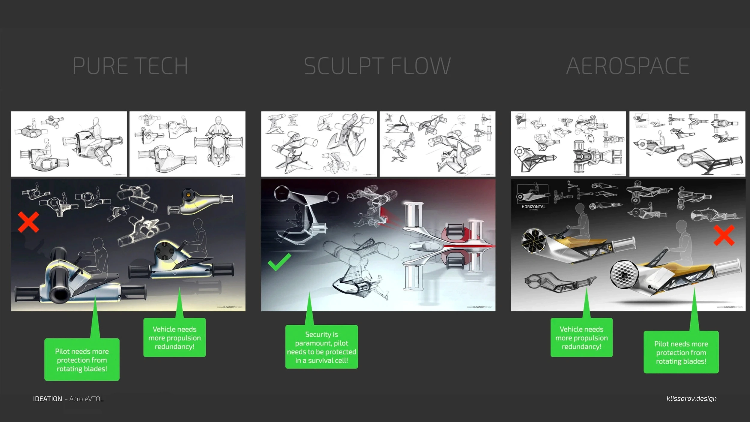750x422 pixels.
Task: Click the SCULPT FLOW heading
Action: click(x=377, y=66)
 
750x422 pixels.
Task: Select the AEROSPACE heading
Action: click(x=628, y=66)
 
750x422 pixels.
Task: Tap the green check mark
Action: click(x=279, y=262)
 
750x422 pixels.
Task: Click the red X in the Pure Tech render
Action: click(x=28, y=222)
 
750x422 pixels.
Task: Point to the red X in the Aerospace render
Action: click(x=724, y=236)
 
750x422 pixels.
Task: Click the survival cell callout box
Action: click(x=321, y=347)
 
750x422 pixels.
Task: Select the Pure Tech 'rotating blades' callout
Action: click(x=82, y=360)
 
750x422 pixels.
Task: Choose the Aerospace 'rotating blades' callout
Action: click(x=681, y=352)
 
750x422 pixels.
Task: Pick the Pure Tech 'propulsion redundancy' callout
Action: click(x=174, y=338)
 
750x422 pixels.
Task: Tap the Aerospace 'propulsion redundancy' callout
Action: click(x=581, y=338)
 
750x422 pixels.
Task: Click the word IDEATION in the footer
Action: click(x=47, y=399)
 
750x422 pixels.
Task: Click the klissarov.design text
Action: click(x=691, y=399)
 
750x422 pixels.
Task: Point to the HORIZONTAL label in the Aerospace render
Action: click(x=533, y=207)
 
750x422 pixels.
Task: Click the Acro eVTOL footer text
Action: click(x=86, y=399)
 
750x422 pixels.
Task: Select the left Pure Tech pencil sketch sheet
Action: click(x=69, y=144)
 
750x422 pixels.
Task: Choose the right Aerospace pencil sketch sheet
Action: click(x=687, y=144)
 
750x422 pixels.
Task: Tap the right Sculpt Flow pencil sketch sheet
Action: click(x=437, y=144)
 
